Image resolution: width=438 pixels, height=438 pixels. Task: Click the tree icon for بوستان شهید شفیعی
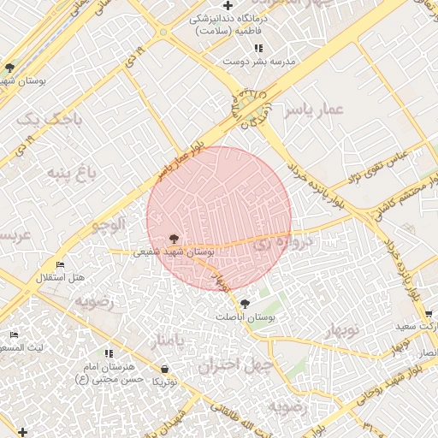174,239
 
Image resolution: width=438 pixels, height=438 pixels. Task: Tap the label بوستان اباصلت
246,317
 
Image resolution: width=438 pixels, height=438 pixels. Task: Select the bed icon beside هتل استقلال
59,264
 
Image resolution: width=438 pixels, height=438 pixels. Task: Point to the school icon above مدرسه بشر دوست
258,48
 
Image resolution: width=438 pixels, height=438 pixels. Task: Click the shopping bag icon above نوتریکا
164,369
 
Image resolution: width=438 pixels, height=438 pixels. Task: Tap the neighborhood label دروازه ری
283,243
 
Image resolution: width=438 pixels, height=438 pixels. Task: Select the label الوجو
109,224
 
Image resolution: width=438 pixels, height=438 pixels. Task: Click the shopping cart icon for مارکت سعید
429,314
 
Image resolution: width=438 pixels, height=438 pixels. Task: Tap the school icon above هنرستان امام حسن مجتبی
109,352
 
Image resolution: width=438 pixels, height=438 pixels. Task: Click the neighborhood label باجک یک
51,117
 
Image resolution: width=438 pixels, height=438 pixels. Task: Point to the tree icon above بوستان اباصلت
246,304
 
